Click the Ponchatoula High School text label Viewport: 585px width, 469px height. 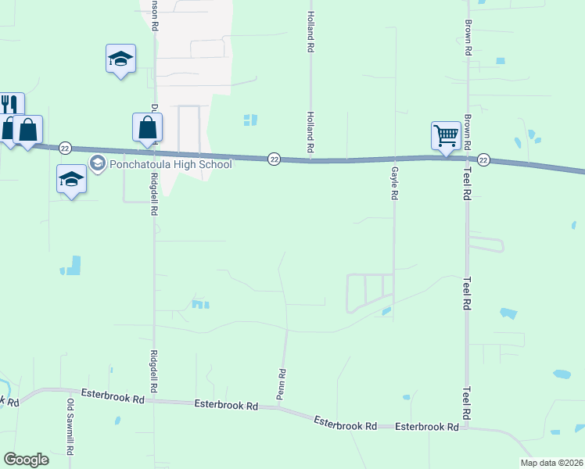tap(171, 164)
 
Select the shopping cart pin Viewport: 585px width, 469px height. tap(446, 135)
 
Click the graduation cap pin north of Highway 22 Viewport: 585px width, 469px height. tap(120, 59)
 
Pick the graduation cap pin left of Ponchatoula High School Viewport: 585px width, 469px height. tap(71, 179)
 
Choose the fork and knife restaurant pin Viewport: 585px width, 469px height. tap(9, 106)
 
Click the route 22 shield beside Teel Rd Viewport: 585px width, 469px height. tap(483, 160)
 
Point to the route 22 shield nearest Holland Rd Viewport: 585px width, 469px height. tap(274, 158)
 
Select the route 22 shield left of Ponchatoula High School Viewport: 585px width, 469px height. tap(65, 149)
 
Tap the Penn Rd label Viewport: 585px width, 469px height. tap(282, 385)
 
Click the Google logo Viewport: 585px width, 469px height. tap(26, 460)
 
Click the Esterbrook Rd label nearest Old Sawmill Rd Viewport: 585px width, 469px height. tap(117, 399)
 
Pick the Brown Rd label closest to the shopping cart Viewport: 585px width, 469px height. tap(467, 133)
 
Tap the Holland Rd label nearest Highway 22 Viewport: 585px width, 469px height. tap(310, 134)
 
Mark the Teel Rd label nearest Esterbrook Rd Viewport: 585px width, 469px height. tap(466, 403)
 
